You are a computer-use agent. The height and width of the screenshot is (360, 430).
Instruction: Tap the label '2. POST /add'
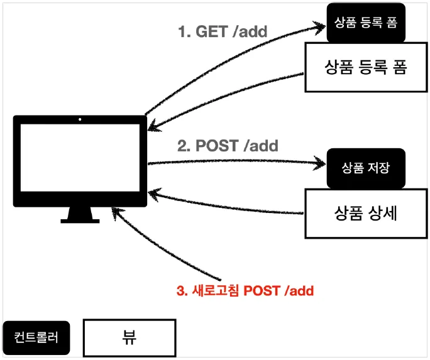click(x=228, y=146)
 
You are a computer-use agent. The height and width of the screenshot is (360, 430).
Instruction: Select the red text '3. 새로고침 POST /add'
click(x=245, y=290)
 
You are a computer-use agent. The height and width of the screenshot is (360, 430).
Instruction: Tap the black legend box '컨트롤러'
click(x=36, y=337)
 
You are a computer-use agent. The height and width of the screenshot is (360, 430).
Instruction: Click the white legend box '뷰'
click(x=130, y=337)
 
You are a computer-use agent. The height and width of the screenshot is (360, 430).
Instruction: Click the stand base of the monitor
click(x=80, y=219)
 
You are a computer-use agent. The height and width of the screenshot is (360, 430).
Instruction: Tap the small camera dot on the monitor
click(x=80, y=119)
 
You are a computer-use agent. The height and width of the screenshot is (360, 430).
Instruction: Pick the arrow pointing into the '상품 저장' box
click(x=239, y=163)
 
